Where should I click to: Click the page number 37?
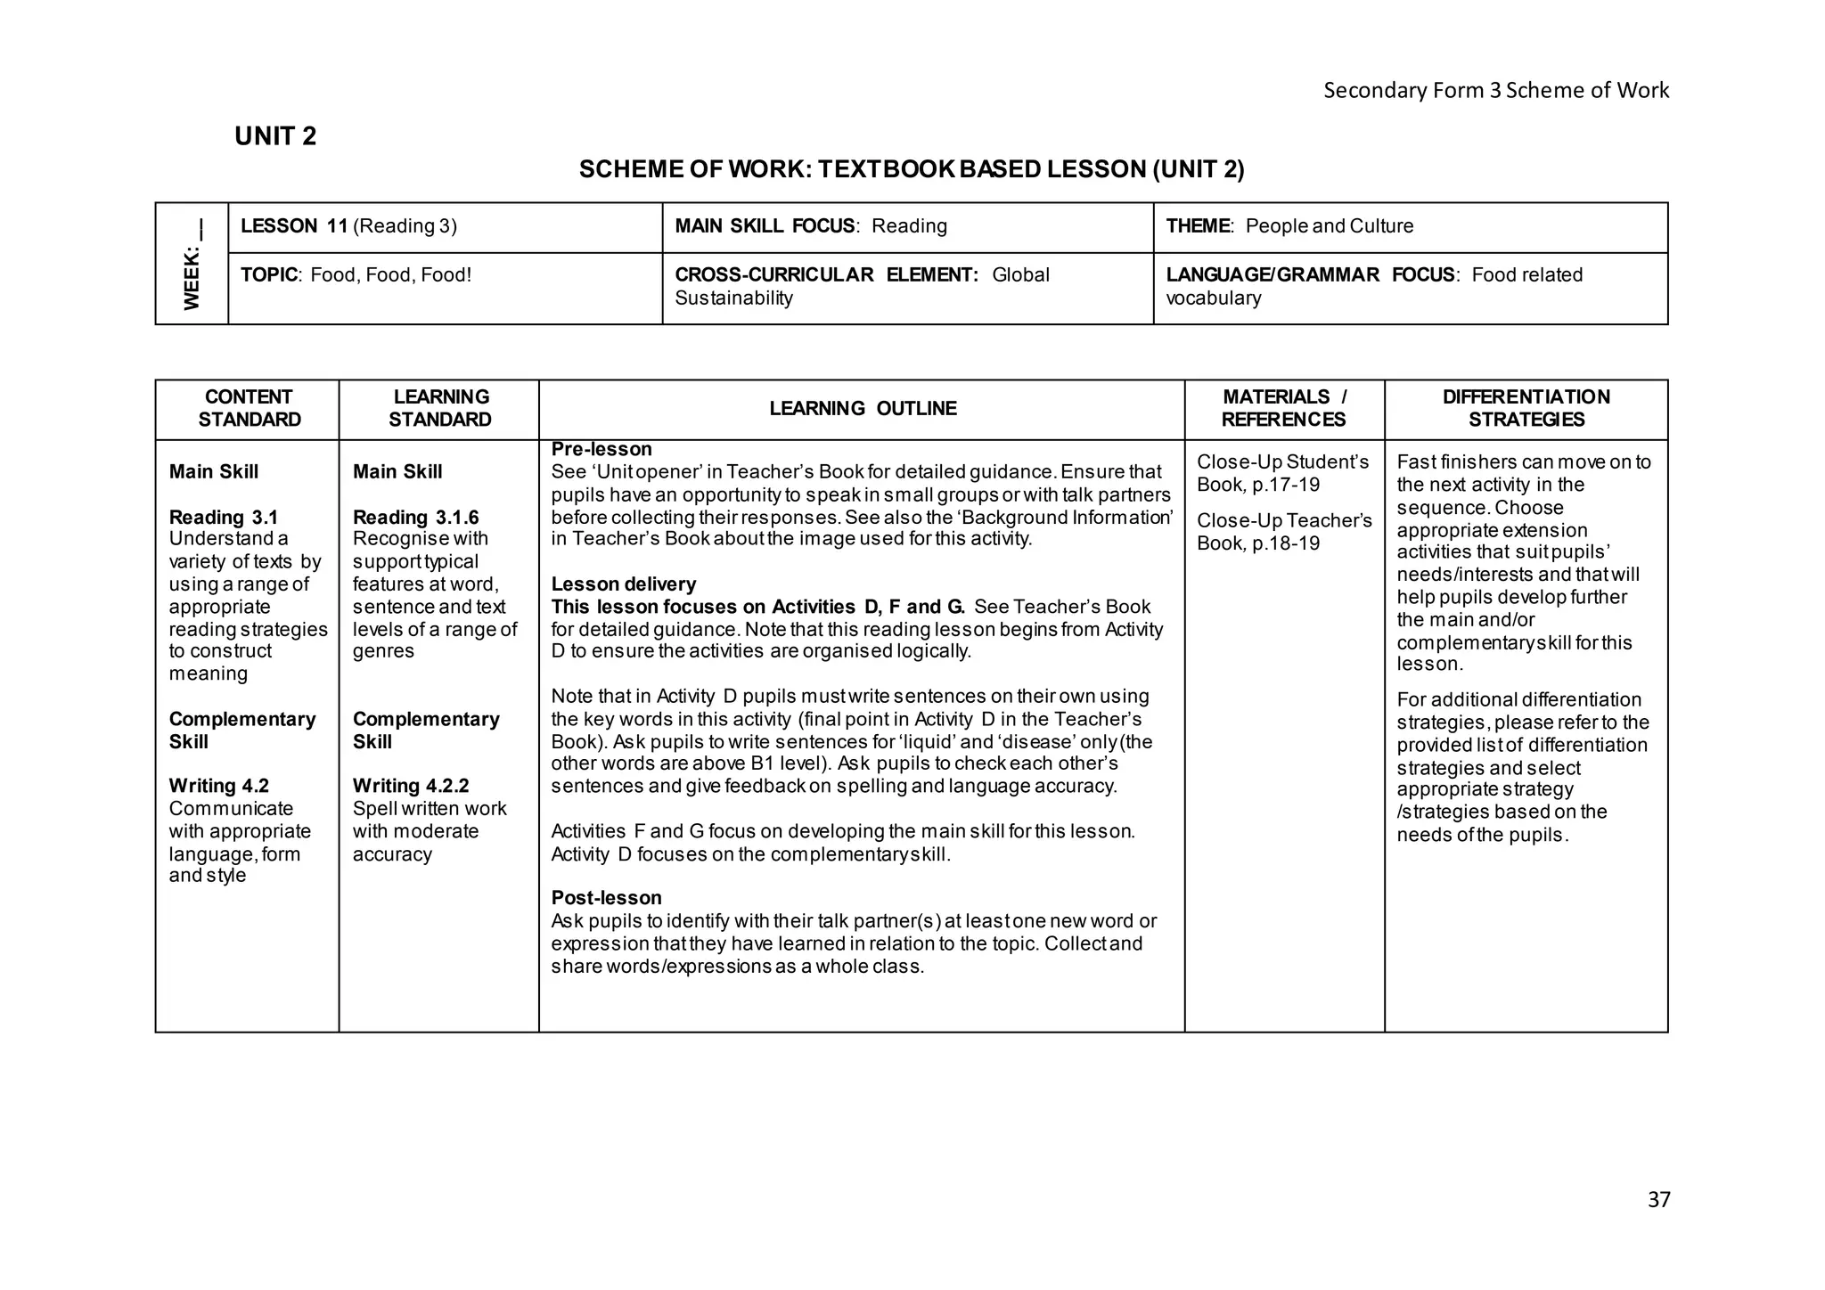point(1658,1200)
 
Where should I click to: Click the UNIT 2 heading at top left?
point(275,136)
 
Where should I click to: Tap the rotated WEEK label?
point(192,265)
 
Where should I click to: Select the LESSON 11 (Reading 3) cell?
point(348,226)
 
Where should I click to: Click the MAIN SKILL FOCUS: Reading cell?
point(810,226)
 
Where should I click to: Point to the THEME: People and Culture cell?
point(1289,226)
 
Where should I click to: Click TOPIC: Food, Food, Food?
point(356,275)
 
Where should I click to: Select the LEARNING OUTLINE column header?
point(863,409)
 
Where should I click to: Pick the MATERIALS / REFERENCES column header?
point(1283,409)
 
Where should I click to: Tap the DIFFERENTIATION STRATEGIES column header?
point(1526,409)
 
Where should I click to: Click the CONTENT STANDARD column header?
point(249,409)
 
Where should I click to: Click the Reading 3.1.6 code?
point(415,518)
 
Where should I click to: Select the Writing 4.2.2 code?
point(411,786)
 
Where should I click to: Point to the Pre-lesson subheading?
point(602,450)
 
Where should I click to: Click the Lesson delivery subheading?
point(624,584)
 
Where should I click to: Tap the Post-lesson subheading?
point(606,898)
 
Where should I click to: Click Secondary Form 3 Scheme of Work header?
point(1495,91)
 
